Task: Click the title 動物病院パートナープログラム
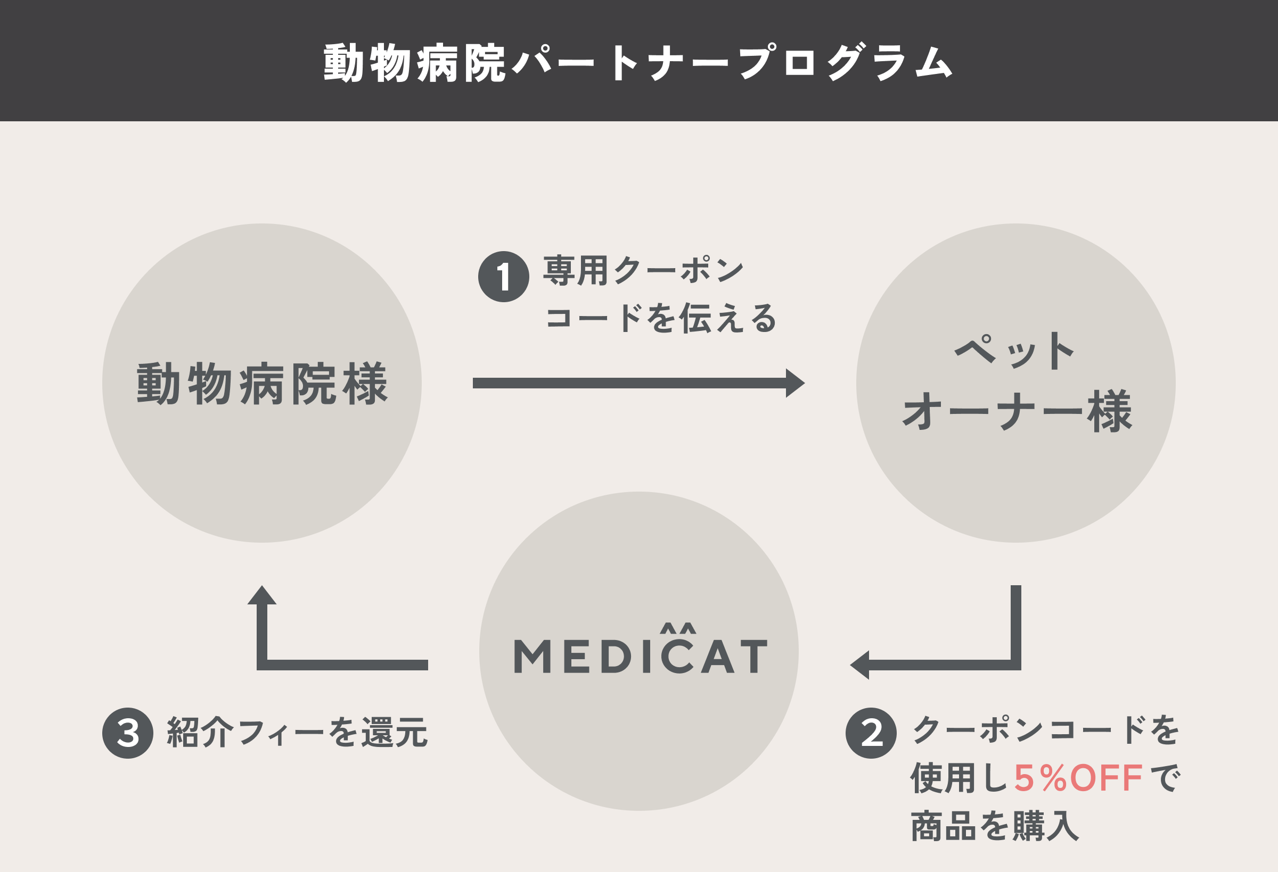[638, 63]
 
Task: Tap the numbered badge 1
[503, 276]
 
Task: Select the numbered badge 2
[871, 733]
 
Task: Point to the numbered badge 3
[128, 733]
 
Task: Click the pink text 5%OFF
[1078, 778]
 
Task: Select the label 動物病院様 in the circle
[262, 384]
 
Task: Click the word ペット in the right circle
[1014, 352]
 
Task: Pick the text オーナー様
[1017, 411]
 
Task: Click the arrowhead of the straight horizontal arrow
[795, 383]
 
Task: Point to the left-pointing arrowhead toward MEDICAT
[859, 665]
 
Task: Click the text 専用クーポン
[643, 270]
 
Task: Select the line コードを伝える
[660, 318]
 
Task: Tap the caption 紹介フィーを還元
[297, 733]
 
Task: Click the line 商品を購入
[995, 826]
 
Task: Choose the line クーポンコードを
[1045, 730]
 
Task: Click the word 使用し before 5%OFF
[960, 778]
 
